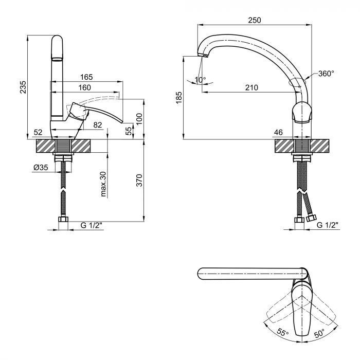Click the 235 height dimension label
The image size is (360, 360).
(23, 87)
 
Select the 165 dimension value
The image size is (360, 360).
(86, 77)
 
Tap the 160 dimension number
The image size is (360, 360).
(84, 88)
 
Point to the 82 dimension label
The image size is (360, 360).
(98, 125)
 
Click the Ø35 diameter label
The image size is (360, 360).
(41, 167)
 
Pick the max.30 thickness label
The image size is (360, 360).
(103, 184)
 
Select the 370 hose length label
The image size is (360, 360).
(139, 180)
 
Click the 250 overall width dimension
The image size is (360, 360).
(255, 20)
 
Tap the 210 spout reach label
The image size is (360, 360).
(251, 87)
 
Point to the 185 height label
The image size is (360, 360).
(179, 98)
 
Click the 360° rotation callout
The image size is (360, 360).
(326, 74)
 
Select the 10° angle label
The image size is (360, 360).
(200, 80)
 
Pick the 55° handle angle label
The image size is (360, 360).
(282, 332)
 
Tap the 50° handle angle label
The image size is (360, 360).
(319, 333)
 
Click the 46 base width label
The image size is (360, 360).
(279, 133)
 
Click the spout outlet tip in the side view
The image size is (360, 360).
(203, 55)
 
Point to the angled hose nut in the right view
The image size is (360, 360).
(311, 218)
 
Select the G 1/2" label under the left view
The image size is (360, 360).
(91, 225)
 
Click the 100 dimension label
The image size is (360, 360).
(139, 119)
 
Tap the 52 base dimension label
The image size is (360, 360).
(38, 133)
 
